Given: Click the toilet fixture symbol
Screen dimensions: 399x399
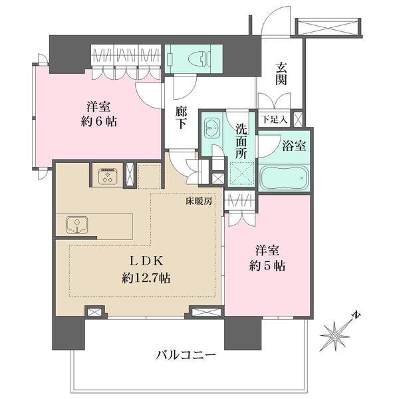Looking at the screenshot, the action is point(199,60).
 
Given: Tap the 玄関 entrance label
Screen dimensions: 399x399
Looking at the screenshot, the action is point(281,74).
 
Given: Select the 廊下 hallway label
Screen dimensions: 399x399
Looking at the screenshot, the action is point(181,118).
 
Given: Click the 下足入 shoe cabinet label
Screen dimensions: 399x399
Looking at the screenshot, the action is point(274,119).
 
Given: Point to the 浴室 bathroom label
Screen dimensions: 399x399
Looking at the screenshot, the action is point(294,146).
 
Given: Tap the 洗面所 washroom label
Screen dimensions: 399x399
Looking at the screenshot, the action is point(241,142).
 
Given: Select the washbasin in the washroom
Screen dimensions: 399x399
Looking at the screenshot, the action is point(211,127).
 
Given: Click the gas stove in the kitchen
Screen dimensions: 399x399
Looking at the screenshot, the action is point(107,176).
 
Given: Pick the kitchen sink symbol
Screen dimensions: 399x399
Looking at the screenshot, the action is point(77,225).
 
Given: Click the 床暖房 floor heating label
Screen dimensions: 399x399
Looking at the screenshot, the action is point(199,201).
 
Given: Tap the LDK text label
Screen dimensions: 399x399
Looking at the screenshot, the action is point(146,261).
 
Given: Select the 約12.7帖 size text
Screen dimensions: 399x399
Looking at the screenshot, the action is point(146,277).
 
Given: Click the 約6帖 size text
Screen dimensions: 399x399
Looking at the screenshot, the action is point(98,122).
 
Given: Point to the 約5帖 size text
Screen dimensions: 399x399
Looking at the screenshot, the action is point(267,266).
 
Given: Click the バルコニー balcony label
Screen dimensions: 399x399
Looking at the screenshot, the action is point(186,354).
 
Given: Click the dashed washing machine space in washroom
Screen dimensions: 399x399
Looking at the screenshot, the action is point(242,173).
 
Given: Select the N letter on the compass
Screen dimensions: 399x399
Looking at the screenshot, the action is point(356,315).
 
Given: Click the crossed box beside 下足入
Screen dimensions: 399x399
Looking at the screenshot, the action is point(298,119).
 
